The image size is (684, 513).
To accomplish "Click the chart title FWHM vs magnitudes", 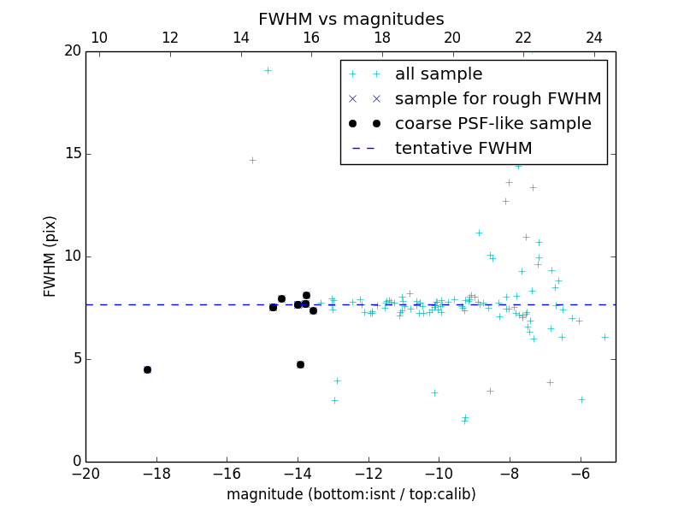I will (x=351, y=19).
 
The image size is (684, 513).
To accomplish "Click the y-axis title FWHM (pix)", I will (x=50, y=256).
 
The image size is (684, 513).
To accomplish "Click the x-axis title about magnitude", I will (x=351, y=494).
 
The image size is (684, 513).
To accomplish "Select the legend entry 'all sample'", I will (x=439, y=74).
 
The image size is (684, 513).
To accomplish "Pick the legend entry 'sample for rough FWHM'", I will (x=498, y=99).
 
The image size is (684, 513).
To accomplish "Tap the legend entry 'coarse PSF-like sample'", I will (x=492, y=124).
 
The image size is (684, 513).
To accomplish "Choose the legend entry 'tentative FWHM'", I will (x=463, y=149).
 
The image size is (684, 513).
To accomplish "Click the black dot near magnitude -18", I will (x=147, y=369).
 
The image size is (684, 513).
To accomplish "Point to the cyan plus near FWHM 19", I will (x=268, y=70).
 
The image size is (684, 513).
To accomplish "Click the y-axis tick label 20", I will (x=72, y=51).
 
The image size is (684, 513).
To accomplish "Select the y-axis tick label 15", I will (x=72, y=154).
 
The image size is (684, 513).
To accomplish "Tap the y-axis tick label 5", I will (x=75, y=359).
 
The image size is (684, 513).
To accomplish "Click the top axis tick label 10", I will (x=99, y=38).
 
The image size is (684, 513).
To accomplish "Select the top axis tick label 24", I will (x=594, y=38).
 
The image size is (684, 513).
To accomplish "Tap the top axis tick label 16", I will (x=311, y=38).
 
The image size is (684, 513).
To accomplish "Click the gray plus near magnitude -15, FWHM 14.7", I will (x=252, y=160).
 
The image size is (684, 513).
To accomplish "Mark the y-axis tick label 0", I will (x=75, y=462).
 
